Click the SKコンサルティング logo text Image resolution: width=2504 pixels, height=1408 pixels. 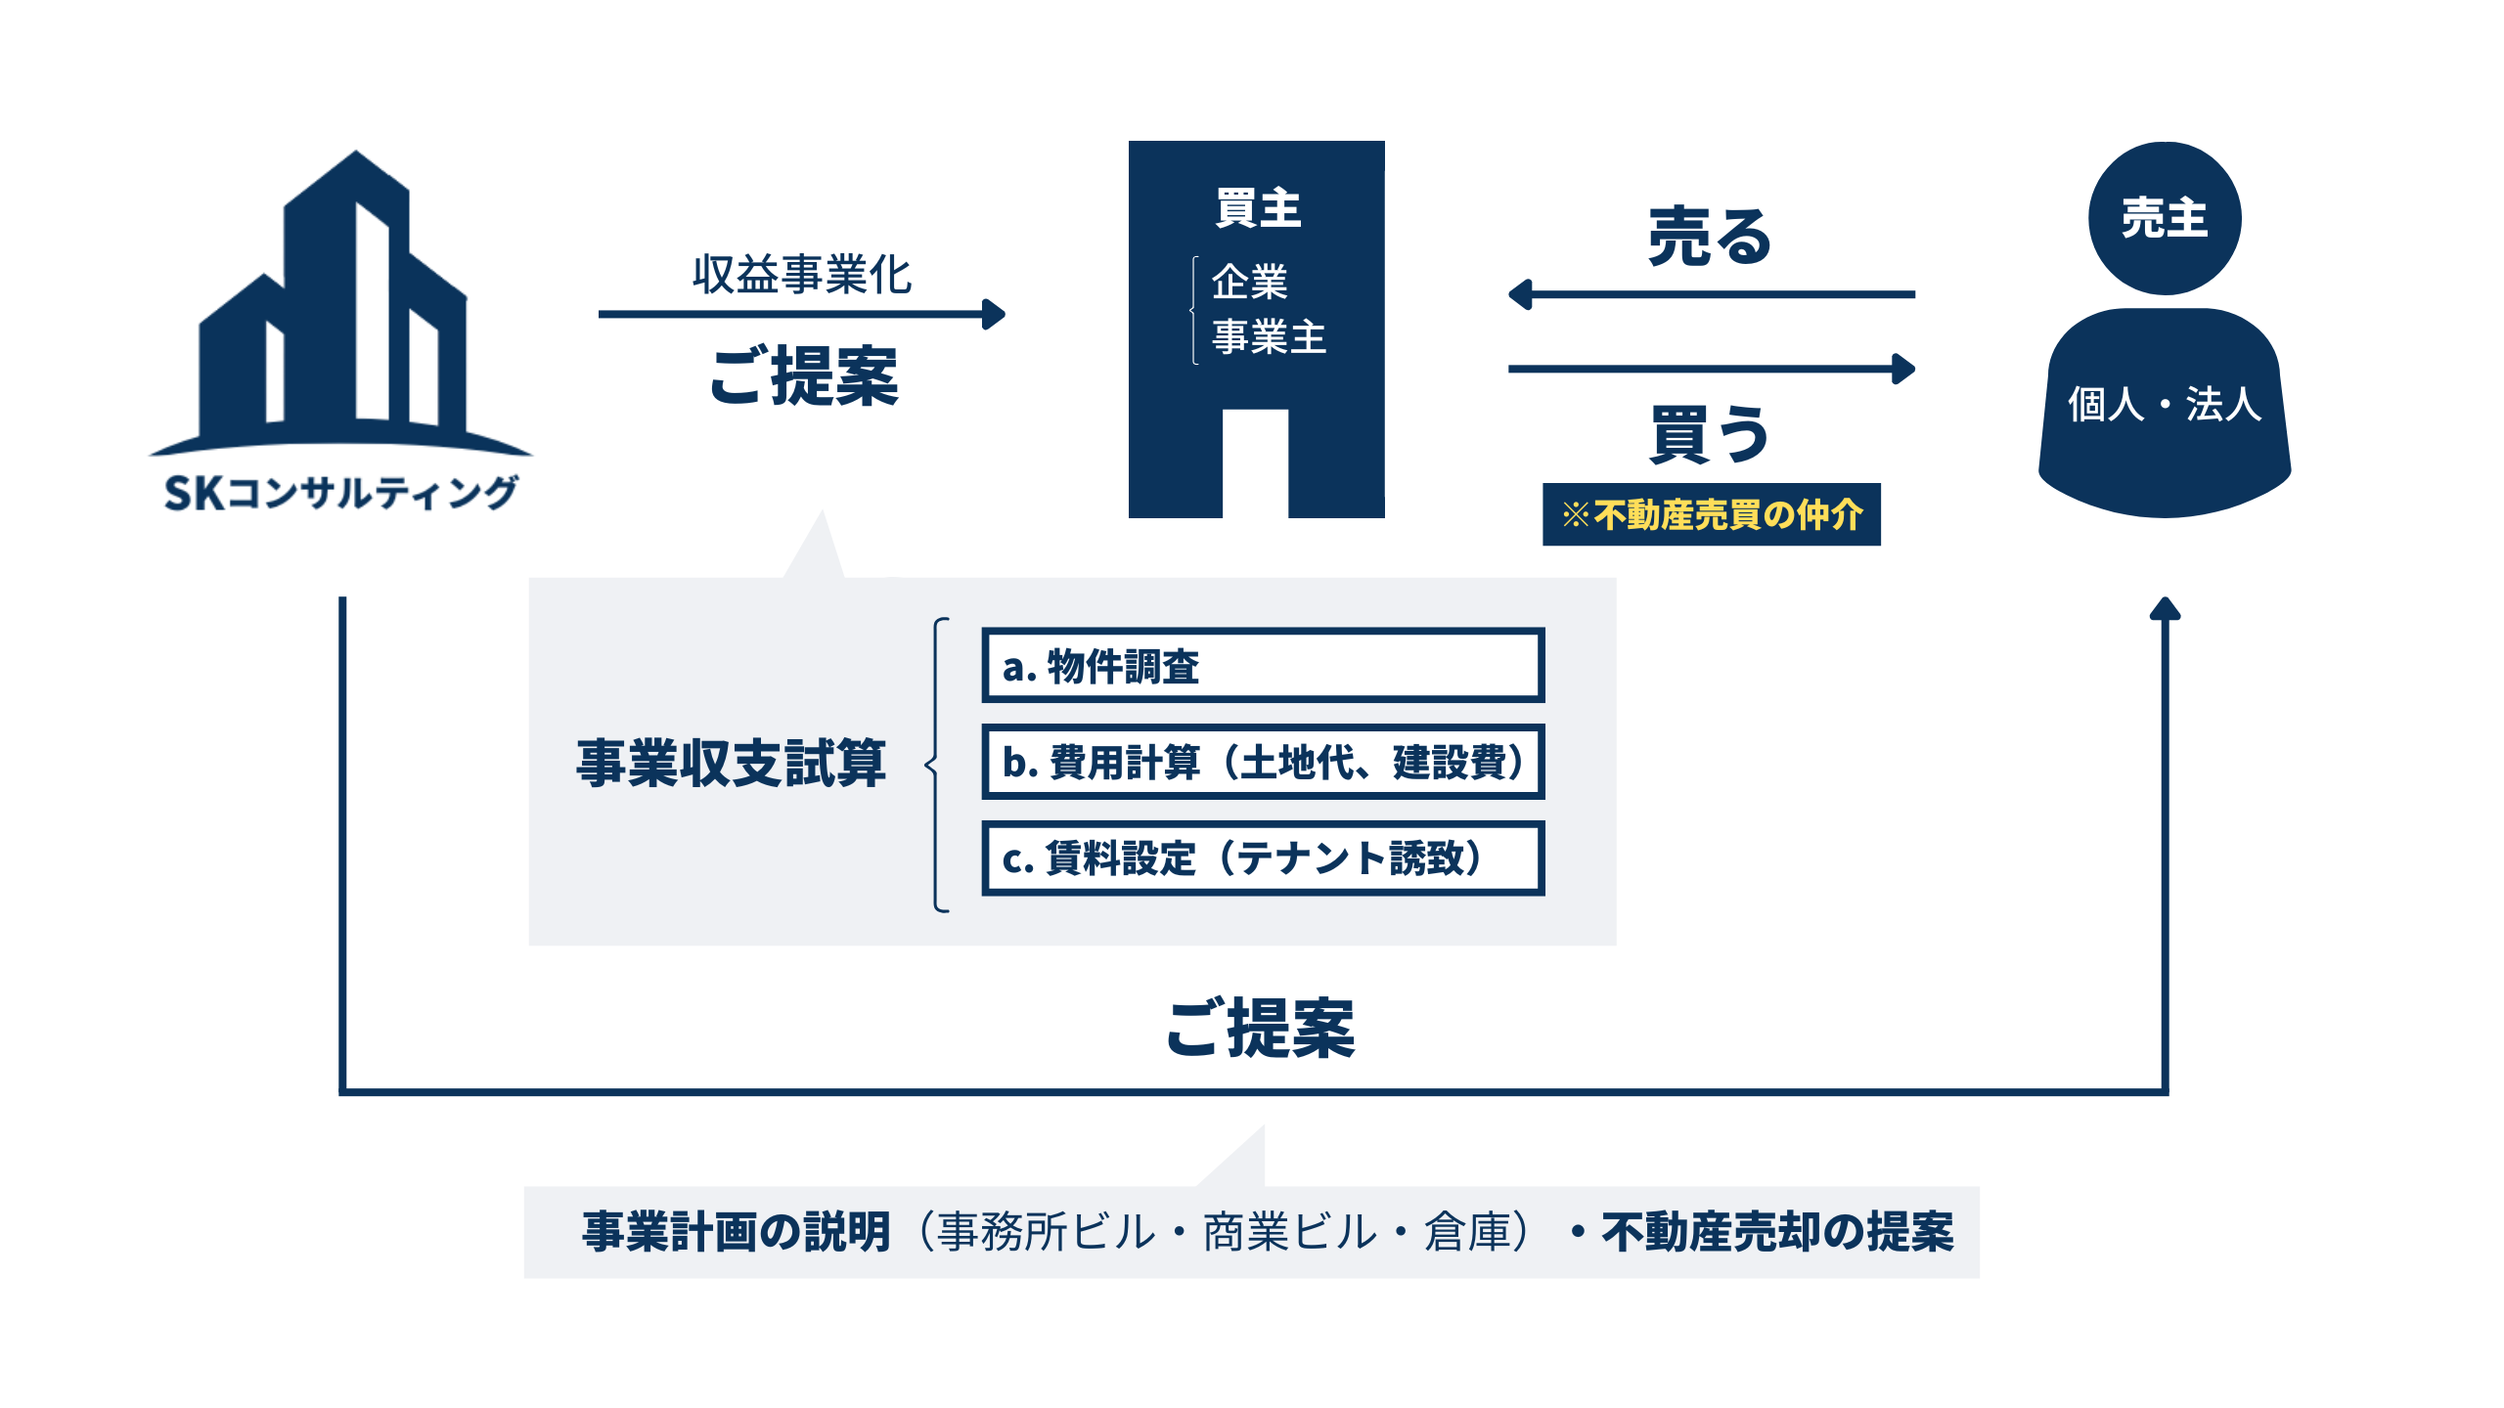click(340, 492)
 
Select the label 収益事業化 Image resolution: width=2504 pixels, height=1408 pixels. click(801, 275)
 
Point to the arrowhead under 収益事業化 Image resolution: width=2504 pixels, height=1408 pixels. click(994, 314)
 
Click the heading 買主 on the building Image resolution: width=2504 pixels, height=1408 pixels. click(1258, 208)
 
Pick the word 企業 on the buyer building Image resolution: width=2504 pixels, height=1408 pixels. click(1249, 283)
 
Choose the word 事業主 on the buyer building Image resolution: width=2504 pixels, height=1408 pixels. click(1269, 337)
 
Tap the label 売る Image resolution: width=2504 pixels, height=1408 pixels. click(1710, 237)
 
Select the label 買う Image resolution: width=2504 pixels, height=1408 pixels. click(1710, 433)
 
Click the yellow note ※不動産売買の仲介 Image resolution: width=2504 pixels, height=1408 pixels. click(1711, 514)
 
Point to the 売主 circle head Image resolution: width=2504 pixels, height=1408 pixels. click(2164, 217)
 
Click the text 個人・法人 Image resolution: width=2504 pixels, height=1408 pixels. click(2164, 404)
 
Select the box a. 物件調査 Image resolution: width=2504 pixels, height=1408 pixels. click(1262, 666)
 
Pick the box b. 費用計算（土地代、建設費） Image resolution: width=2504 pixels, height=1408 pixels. click(1262, 762)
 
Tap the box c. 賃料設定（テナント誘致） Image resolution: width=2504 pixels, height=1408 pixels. click(1262, 858)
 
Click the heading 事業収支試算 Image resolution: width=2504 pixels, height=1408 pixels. click(731, 763)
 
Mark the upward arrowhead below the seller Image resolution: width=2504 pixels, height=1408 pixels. click(2165, 609)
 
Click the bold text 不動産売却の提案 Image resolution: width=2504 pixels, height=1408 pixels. click(1776, 1232)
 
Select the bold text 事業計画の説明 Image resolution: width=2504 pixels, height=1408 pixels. click(737, 1232)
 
